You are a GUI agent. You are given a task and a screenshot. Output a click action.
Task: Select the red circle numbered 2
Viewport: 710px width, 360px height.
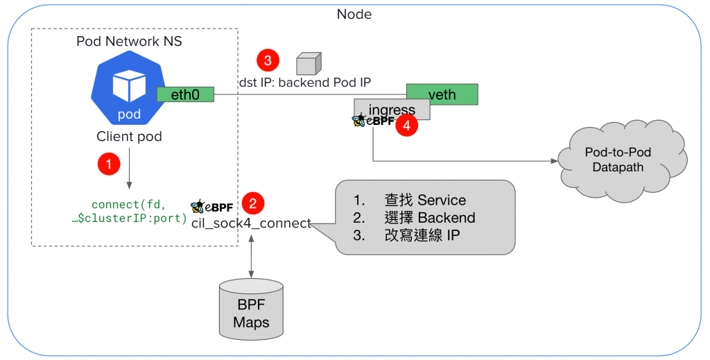[252, 203]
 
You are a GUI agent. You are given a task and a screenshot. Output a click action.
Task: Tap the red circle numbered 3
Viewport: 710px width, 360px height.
[267, 61]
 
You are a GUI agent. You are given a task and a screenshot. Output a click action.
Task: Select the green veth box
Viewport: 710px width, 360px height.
[442, 94]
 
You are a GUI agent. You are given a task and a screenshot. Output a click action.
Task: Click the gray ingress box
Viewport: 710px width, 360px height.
[392, 109]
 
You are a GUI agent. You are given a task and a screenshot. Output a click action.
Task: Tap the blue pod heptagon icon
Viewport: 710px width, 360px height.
[128, 90]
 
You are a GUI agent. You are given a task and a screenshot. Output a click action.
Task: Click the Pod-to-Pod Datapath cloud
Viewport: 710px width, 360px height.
[618, 160]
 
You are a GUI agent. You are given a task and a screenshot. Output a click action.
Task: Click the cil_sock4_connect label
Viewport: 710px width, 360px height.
[251, 223]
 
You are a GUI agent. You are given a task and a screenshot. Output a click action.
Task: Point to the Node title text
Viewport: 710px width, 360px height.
[354, 14]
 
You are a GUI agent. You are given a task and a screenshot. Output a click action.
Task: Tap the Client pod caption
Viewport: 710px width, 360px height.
[129, 137]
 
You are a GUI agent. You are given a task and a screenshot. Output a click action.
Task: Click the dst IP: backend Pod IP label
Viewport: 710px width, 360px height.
[305, 82]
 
